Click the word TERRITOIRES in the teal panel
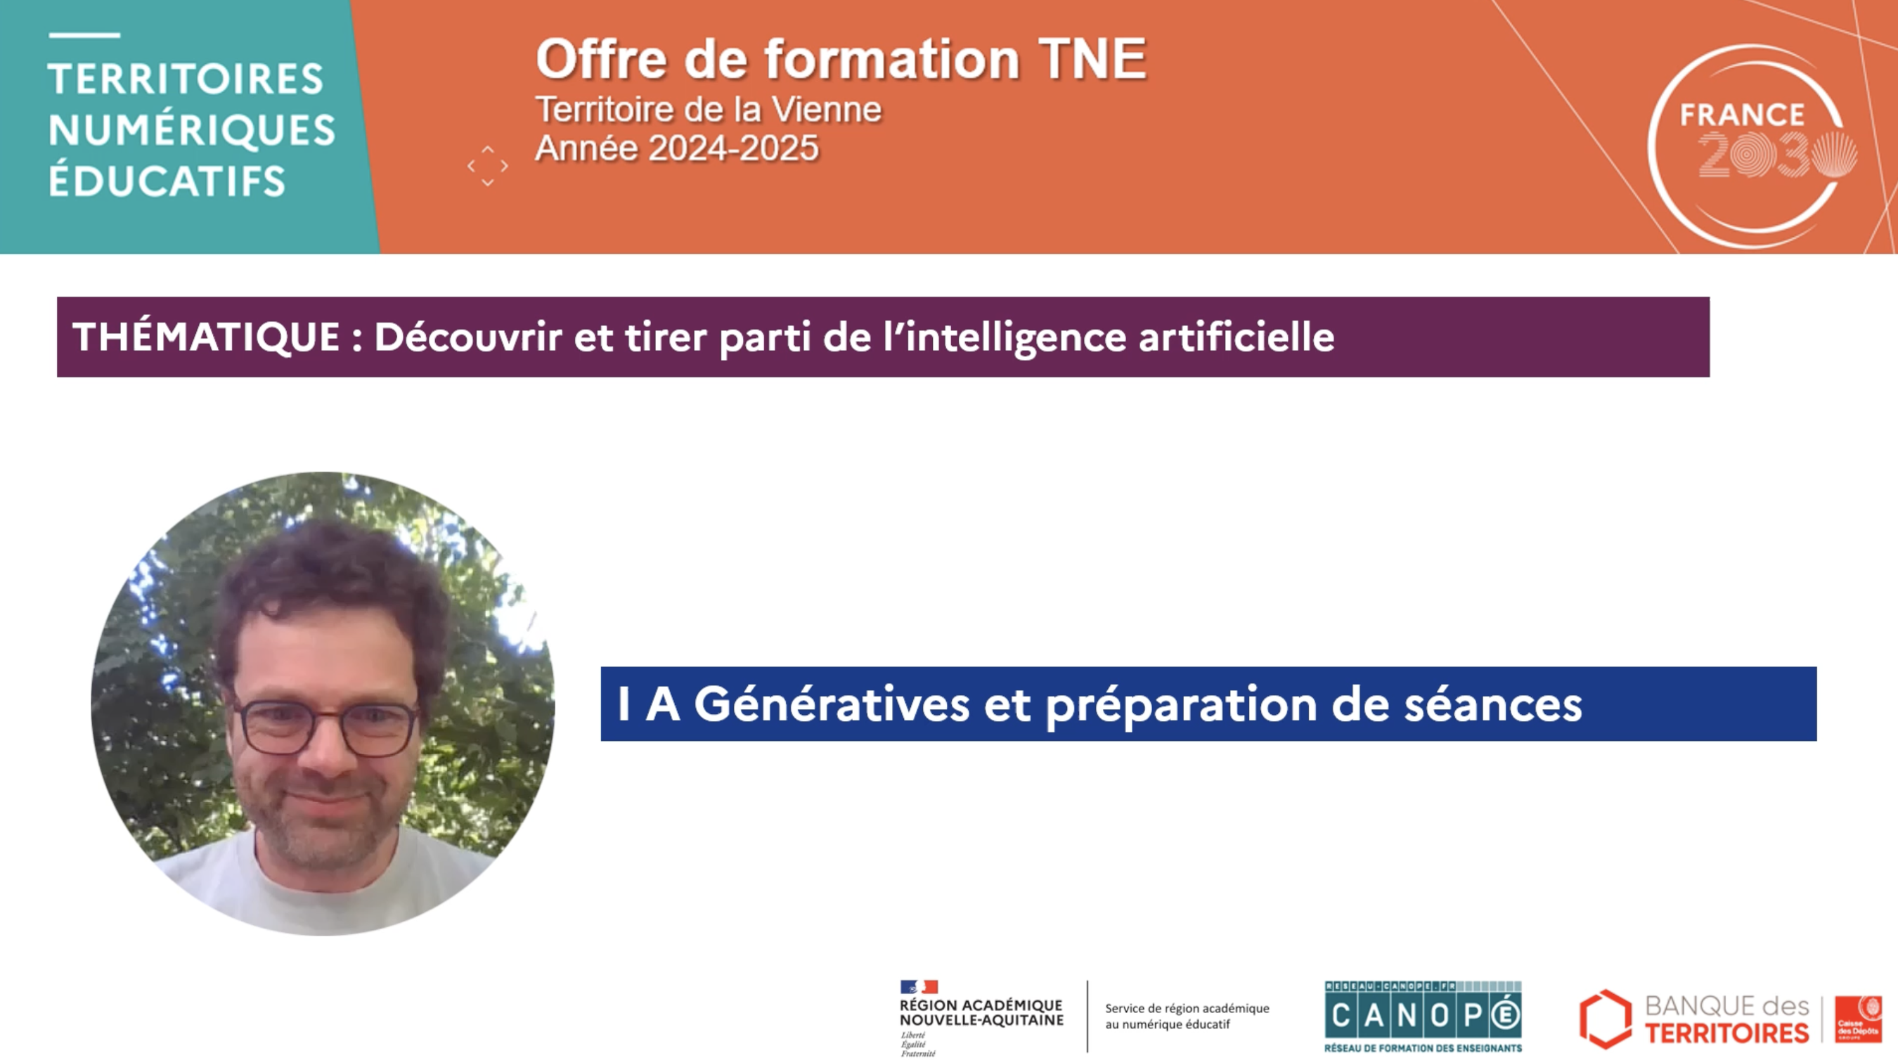point(186,79)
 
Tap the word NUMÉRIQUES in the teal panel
point(192,130)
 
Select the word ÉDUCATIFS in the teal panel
point(167,181)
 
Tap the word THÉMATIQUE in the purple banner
point(206,337)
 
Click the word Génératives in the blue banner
point(831,704)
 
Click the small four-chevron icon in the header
point(488,166)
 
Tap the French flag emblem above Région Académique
point(918,986)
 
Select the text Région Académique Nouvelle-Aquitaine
point(981,1013)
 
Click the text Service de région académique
point(1187,1008)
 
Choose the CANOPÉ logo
point(1423,1015)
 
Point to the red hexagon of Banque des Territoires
point(1606,1018)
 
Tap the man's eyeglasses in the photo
point(325,726)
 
